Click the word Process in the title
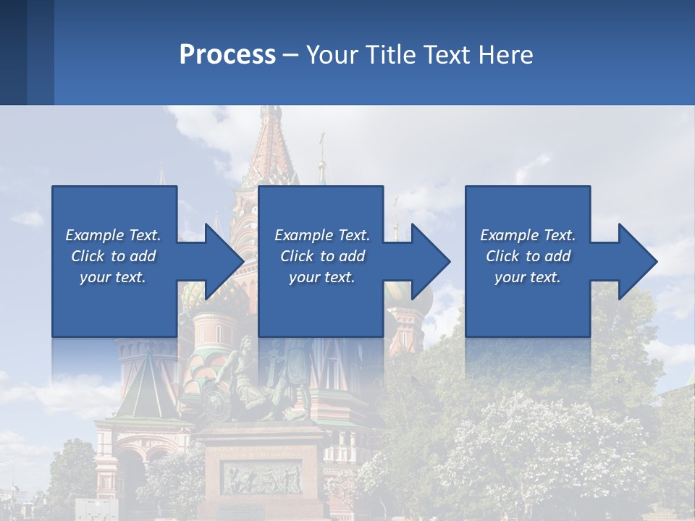pos(227,55)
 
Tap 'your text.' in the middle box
pos(321,277)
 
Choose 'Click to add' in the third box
pos(528,256)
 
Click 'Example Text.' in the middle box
pos(321,235)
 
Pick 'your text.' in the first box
pos(113,277)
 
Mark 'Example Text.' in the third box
pos(528,235)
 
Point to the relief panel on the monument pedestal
pos(261,478)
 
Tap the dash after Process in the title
pos(291,55)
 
